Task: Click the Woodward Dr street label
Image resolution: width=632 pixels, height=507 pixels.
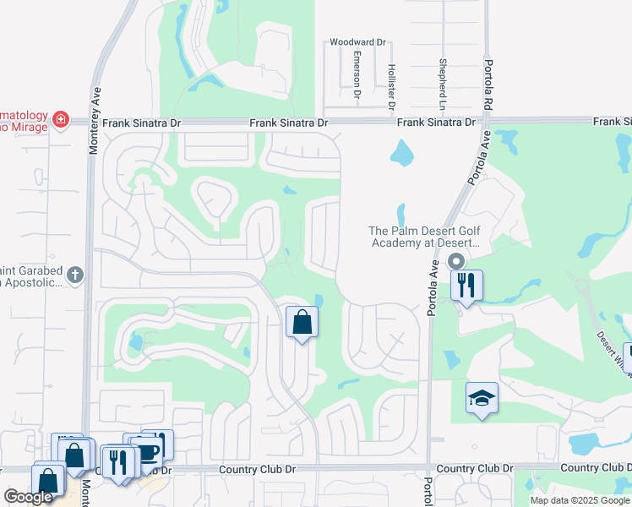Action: pyautogui.click(x=357, y=41)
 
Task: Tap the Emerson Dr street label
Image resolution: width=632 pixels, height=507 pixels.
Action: pyautogui.click(x=357, y=73)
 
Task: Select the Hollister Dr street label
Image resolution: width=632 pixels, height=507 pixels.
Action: pyautogui.click(x=391, y=88)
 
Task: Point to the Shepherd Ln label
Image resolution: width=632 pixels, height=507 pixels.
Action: pyautogui.click(x=442, y=85)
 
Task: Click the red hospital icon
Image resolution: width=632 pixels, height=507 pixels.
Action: pyautogui.click(x=60, y=120)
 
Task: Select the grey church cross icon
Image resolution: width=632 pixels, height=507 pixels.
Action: pyautogui.click(x=75, y=275)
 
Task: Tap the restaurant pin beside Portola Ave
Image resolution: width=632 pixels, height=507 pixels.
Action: pyautogui.click(x=466, y=285)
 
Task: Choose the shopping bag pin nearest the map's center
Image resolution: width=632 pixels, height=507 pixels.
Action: pyautogui.click(x=302, y=322)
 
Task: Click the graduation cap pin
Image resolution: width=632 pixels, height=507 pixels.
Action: pyautogui.click(x=482, y=398)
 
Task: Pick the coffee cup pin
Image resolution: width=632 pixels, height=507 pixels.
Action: pyautogui.click(x=147, y=451)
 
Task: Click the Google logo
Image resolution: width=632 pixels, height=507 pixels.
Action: pyautogui.click(x=28, y=497)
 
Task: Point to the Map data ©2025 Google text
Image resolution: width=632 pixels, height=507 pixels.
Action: pyautogui.click(x=580, y=500)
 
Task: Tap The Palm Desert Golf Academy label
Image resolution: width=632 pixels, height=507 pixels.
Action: pyautogui.click(x=424, y=237)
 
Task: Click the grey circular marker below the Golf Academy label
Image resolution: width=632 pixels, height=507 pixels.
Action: pyautogui.click(x=456, y=262)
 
